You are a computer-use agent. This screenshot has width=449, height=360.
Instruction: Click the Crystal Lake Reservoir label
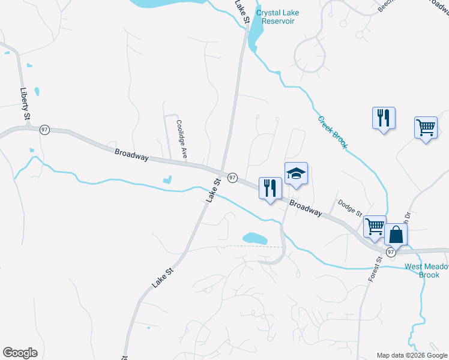tap(277, 17)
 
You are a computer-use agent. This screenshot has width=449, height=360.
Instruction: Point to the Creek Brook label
tap(333, 132)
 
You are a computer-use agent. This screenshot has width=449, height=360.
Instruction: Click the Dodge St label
tap(350, 209)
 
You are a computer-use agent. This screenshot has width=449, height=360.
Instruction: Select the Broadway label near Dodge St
tap(305, 208)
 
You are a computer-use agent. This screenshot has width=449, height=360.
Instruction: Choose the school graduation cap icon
tap(296, 174)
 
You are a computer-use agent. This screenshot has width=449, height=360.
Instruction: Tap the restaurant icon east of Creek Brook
tap(384, 117)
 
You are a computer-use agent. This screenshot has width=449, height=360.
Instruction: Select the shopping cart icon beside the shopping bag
tap(375, 227)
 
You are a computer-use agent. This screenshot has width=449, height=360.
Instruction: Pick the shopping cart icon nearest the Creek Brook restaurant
tap(426, 127)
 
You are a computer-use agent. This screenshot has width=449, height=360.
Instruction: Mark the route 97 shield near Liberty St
tap(44, 130)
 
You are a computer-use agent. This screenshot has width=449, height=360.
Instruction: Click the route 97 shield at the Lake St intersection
tap(232, 178)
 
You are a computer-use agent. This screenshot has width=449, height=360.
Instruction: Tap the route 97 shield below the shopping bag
tap(391, 252)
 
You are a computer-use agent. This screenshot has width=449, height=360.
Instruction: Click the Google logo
tap(20, 353)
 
